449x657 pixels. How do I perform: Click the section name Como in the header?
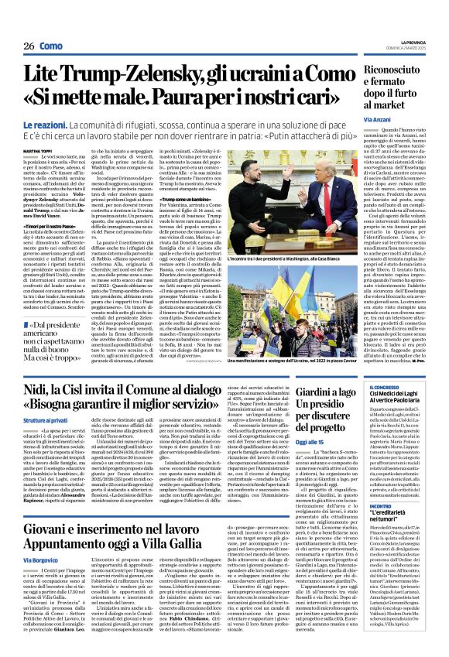(51, 46)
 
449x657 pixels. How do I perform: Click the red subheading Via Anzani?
(379, 120)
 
